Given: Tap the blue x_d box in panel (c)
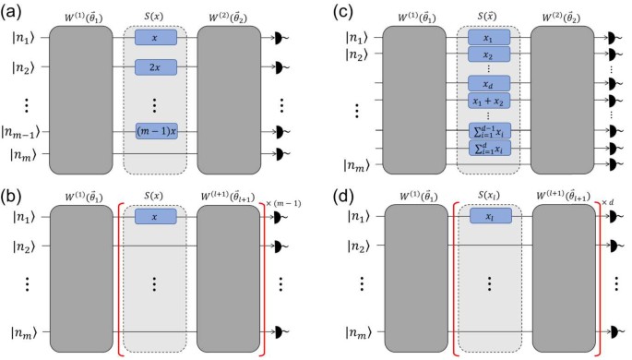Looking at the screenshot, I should [x=489, y=84].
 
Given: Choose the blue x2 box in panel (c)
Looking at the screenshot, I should [x=489, y=54].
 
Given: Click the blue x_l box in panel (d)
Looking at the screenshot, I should [x=489, y=215].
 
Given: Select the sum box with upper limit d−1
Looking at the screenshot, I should [x=489, y=129].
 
